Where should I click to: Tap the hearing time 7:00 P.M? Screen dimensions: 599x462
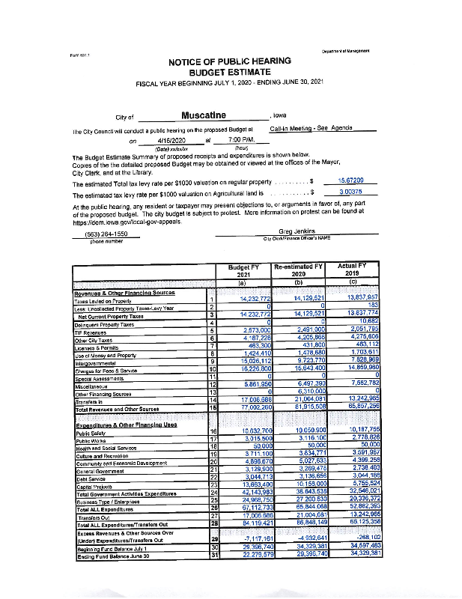tap(236, 139)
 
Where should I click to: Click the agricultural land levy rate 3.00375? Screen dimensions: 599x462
tap(351, 192)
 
